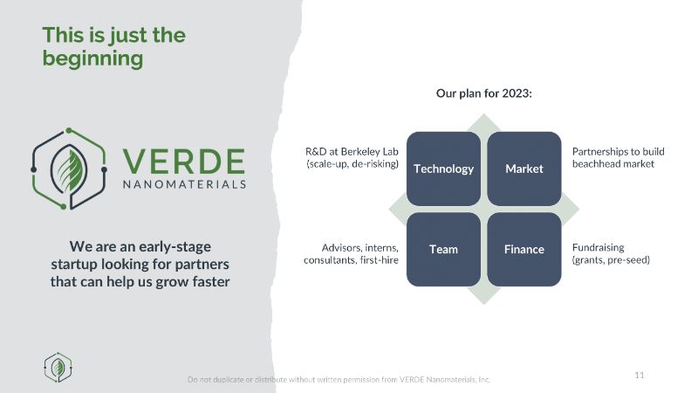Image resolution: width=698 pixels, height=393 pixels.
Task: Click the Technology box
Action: pyautogui.click(x=443, y=169)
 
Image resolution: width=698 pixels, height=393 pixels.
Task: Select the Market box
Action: pyautogui.click(x=524, y=169)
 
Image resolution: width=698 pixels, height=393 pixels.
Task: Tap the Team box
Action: pyautogui.click(x=443, y=249)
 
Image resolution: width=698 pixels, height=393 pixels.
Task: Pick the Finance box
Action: pyautogui.click(x=524, y=249)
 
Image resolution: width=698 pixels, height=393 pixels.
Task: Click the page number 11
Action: pyautogui.click(x=640, y=375)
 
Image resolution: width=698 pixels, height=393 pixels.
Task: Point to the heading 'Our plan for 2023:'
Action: pyautogui.click(x=484, y=93)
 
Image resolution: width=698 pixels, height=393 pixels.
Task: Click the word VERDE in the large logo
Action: pyautogui.click(x=184, y=161)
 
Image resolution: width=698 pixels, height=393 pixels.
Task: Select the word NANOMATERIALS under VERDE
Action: pyautogui.click(x=184, y=184)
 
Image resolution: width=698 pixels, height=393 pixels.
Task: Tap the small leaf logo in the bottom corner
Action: pyautogui.click(x=58, y=368)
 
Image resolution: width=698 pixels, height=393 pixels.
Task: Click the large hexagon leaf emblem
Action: pyautogui.click(x=69, y=169)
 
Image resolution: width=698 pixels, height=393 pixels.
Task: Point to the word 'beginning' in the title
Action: pyautogui.click(x=92, y=59)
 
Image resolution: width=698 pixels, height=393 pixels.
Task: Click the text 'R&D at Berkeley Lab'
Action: pyautogui.click(x=352, y=151)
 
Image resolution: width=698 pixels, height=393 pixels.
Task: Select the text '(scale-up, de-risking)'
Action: pyautogui.click(x=352, y=164)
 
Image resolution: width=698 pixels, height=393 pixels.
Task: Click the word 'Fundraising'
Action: pyautogui.click(x=598, y=247)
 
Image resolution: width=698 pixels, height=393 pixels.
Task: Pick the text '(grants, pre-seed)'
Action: pyautogui.click(x=611, y=259)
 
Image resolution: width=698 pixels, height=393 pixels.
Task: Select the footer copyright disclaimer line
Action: pyautogui.click(x=339, y=380)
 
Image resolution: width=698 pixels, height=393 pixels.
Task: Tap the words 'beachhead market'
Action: pyautogui.click(x=613, y=164)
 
